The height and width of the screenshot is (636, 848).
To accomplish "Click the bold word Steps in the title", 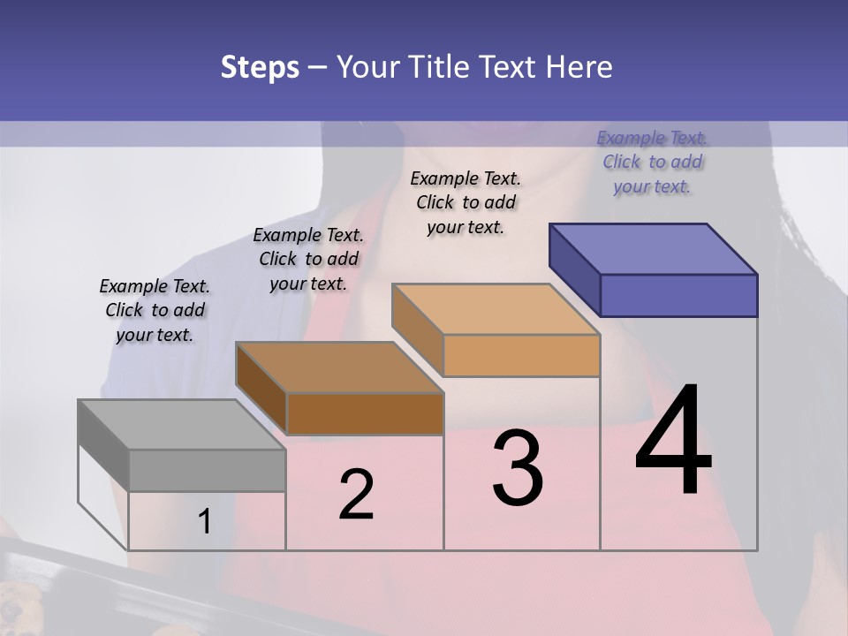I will (x=260, y=67).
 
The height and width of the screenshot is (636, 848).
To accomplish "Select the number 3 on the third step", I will (x=518, y=467).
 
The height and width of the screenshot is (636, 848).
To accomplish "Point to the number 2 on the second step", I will (x=357, y=495).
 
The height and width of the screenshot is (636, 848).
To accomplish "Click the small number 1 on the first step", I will (x=204, y=522).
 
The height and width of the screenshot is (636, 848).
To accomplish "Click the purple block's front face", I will (x=678, y=295).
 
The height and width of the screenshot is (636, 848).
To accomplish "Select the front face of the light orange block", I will (x=521, y=355).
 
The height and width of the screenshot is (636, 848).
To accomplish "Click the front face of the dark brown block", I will (x=365, y=413).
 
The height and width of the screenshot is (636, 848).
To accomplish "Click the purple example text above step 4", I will (x=652, y=162).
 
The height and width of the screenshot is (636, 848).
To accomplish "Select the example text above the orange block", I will (x=466, y=202).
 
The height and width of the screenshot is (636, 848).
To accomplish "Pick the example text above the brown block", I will (x=308, y=259).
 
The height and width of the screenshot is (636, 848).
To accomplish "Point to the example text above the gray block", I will (x=155, y=310).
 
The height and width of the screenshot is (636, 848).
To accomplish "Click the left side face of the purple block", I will (x=574, y=269).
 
